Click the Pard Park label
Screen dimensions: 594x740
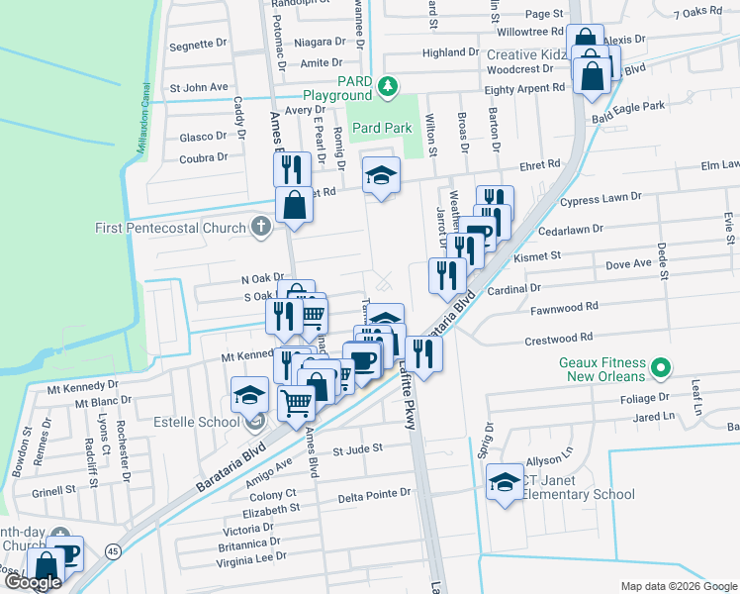(382, 128)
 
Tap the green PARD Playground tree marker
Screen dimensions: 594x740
(390, 88)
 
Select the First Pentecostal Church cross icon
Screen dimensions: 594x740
(261, 229)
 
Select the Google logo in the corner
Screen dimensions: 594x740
(33, 583)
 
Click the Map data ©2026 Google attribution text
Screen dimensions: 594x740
(679, 586)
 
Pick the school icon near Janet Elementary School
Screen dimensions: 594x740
(506, 482)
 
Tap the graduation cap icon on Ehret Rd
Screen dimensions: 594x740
(381, 175)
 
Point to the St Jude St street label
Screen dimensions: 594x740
(357, 449)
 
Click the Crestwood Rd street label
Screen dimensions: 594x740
(558, 338)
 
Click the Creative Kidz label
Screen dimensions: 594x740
(524, 54)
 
